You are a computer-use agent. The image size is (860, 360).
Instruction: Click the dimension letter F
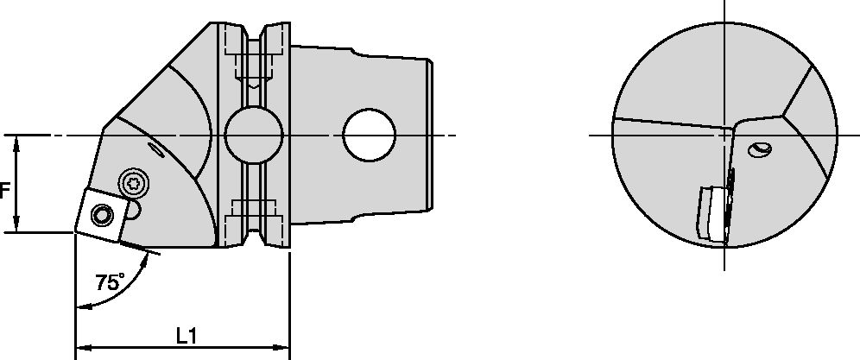click(4, 189)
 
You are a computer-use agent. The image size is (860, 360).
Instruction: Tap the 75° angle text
click(110, 281)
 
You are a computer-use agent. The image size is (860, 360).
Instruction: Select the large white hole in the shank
click(369, 136)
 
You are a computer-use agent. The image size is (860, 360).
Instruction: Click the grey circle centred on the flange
click(254, 136)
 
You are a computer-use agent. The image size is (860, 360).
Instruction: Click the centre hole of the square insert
click(103, 214)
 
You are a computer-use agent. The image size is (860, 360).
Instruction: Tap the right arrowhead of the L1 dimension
click(284, 350)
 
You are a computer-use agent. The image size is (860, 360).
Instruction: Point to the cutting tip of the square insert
click(75, 232)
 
